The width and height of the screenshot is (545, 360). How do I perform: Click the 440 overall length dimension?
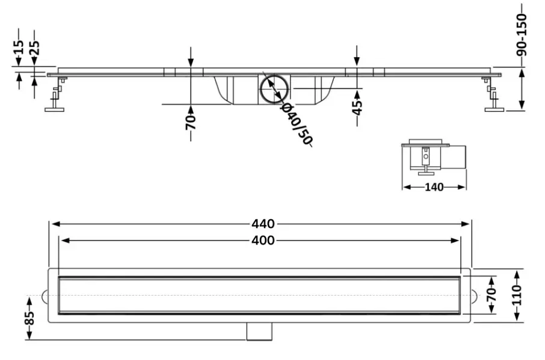[263, 224]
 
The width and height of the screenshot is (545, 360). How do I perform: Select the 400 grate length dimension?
[263, 240]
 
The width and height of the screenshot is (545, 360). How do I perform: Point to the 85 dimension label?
[29, 318]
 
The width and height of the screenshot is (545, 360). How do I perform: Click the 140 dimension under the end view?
[434, 187]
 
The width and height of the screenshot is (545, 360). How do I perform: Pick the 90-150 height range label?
[522, 35]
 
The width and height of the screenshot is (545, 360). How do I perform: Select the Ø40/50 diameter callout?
[297, 124]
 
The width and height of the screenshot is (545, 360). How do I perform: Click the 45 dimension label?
[357, 107]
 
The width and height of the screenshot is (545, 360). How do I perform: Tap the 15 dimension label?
[19, 47]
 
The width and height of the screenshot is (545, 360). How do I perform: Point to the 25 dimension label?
[34, 47]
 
